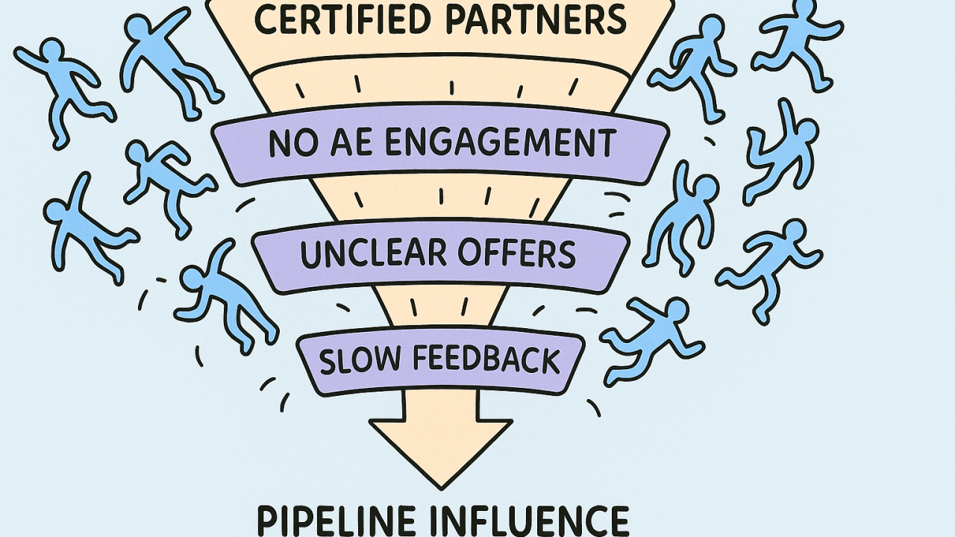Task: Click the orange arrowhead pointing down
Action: click(x=441, y=451)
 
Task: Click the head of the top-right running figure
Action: click(x=804, y=10)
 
